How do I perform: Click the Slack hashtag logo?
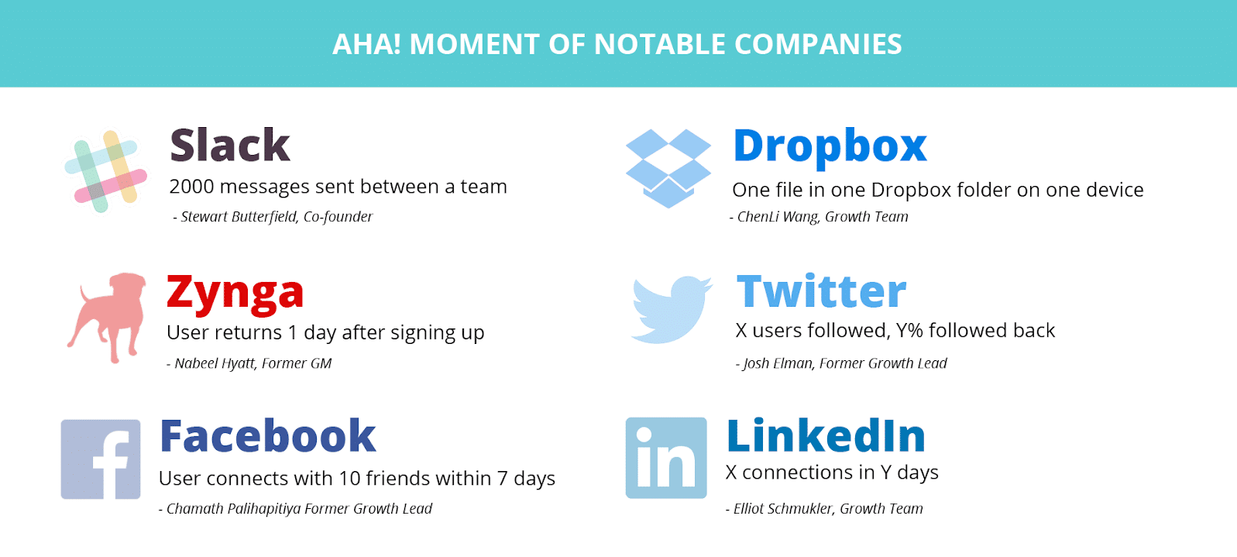[x=105, y=171]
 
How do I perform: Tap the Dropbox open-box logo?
[x=668, y=168]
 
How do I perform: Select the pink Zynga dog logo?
[x=107, y=318]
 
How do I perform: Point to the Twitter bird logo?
[x=672, y=309]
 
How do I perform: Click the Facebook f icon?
[x=101, y=459]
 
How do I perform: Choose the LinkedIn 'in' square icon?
[x=666, y=458]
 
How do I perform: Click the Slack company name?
[x=230, y=145]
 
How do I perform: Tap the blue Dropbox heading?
[x=830, y=146]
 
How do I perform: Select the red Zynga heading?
[x=235, y=294]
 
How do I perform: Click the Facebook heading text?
[x=268, y=436]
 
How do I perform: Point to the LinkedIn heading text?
[x=826, y=436]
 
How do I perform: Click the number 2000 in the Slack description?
[x=191, y=187]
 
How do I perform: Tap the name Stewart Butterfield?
[x=238, y=217]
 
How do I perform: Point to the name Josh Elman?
[x=778, y=363]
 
